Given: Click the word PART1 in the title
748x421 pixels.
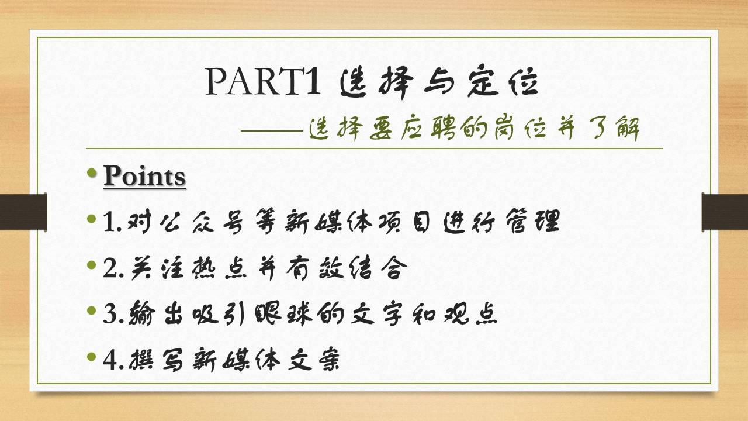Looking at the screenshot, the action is point(263,81).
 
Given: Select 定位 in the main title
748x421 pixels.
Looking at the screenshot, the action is point(503,81).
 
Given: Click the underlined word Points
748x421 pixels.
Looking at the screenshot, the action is point(144,176).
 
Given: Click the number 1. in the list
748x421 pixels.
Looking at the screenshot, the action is point(113,222).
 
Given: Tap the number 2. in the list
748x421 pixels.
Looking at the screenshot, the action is point(113,268).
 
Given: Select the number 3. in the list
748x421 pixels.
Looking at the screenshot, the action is point(113,314).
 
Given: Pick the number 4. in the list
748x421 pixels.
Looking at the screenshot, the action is point(113,360).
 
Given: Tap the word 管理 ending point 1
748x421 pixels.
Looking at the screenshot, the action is point(532,222).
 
